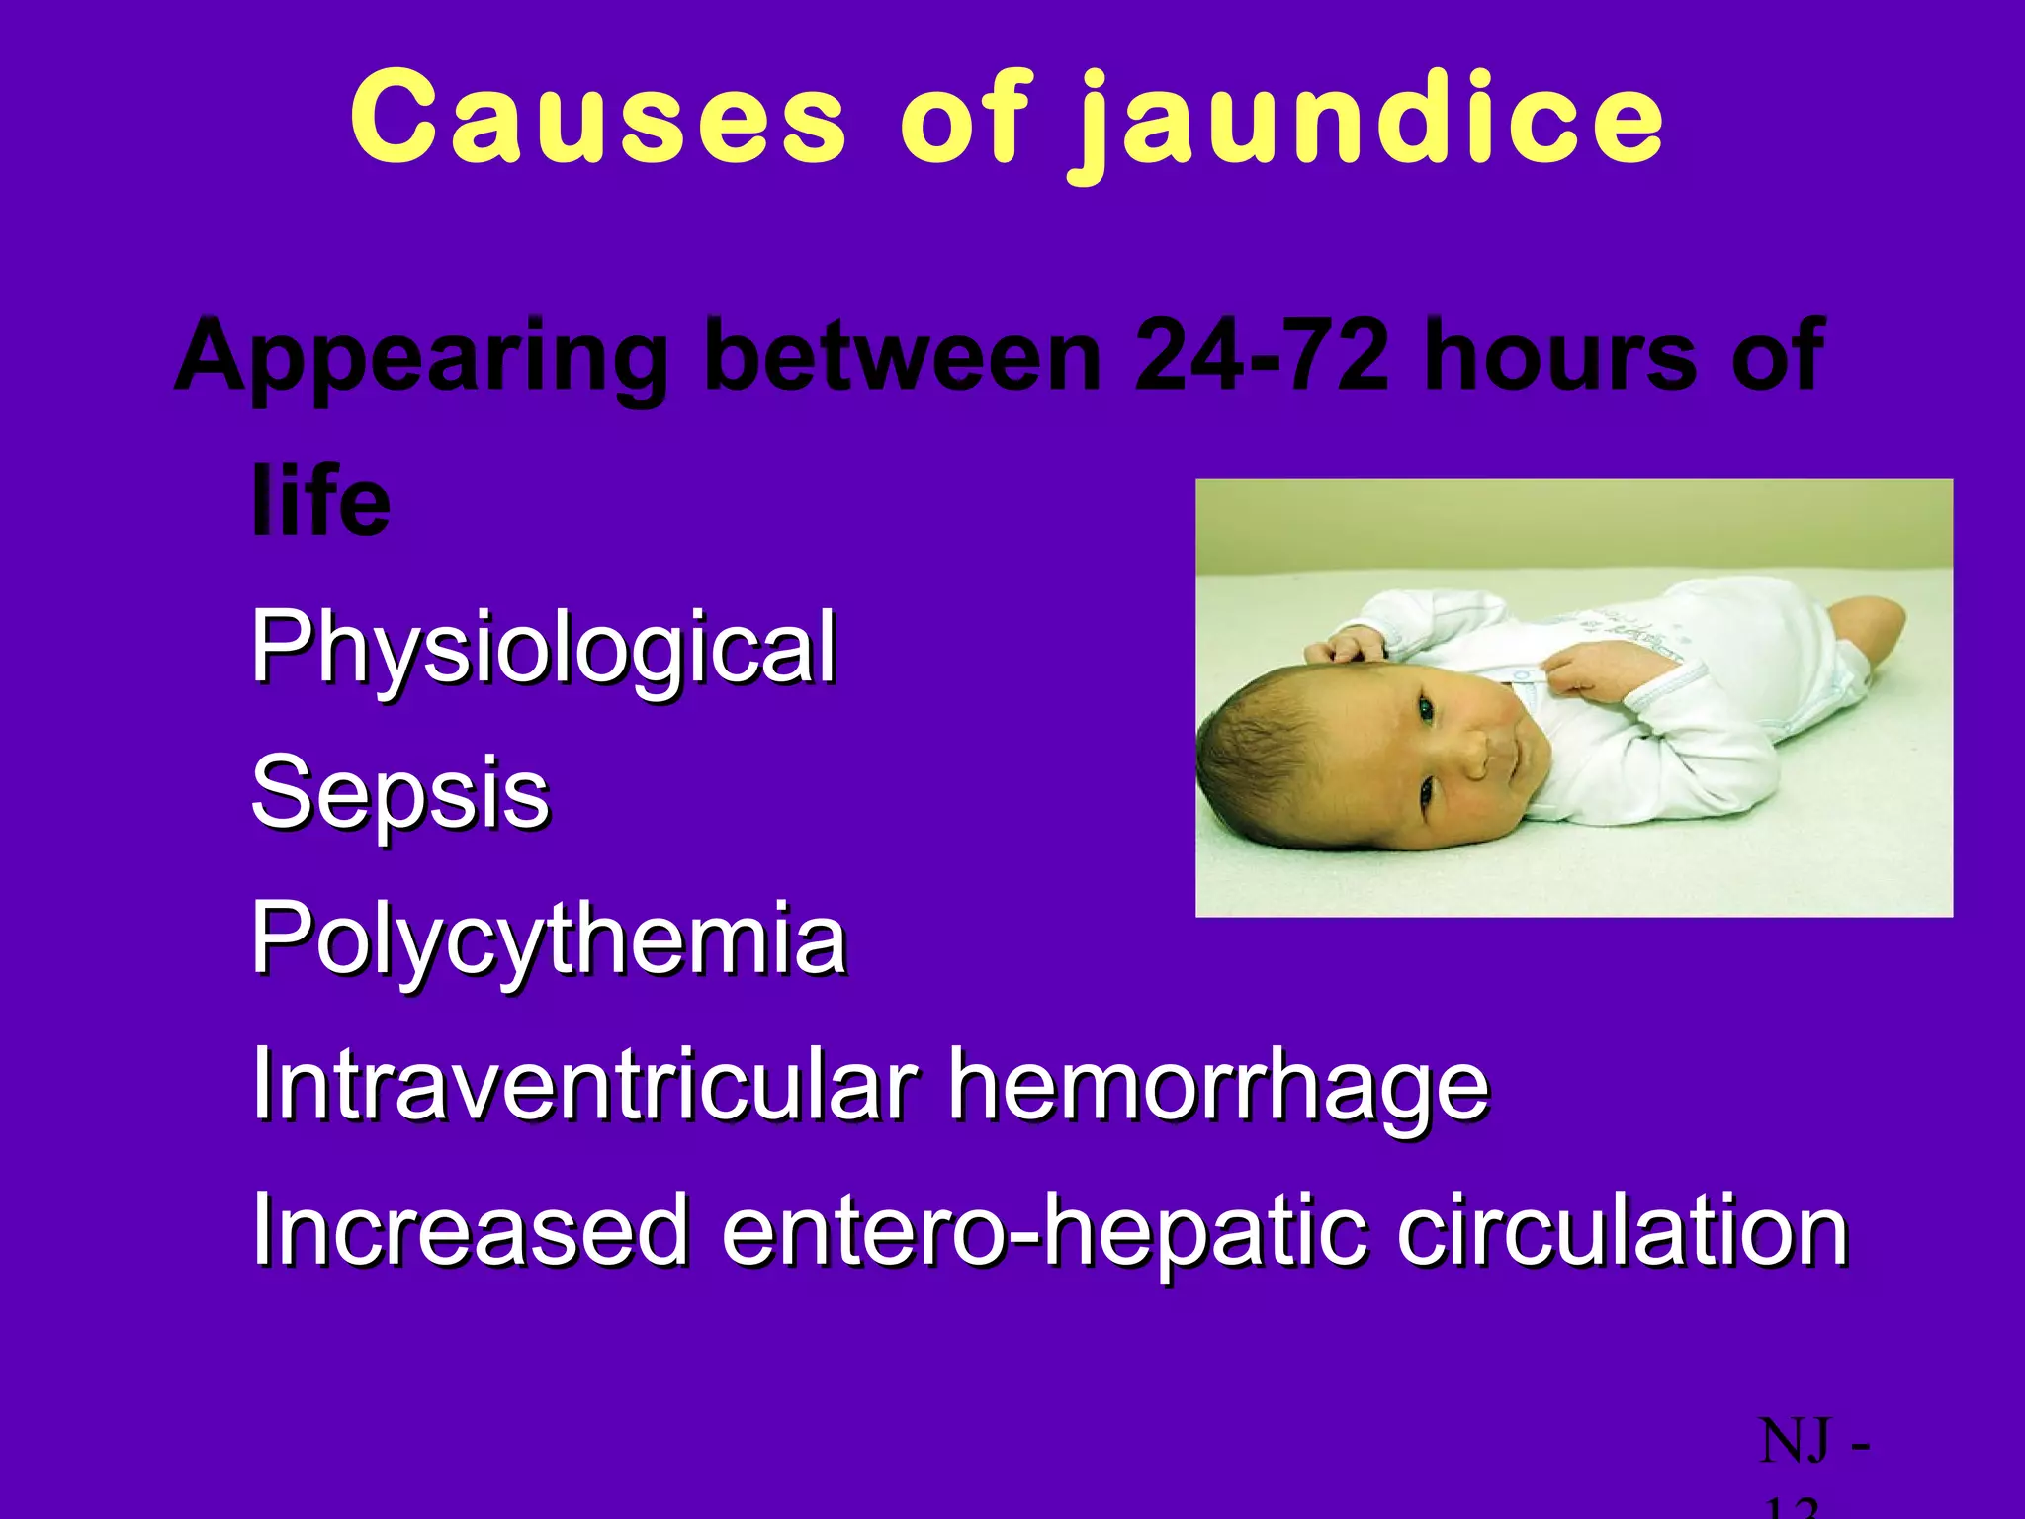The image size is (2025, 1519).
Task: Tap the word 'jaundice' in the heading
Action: coord(1370,124)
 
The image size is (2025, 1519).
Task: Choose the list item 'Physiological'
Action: coord(544,649)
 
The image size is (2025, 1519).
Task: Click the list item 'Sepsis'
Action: coord(400,793)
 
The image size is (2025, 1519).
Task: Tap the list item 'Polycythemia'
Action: coord(549,939)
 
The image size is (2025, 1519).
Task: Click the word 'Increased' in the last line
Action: coord(470,1229)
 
